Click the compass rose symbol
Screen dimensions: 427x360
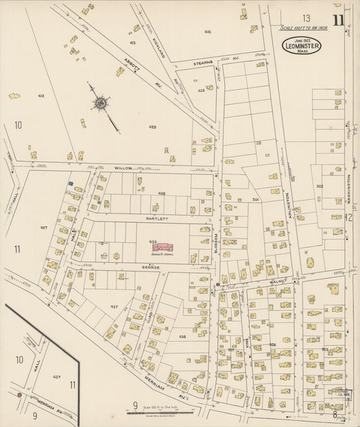click(101, 104)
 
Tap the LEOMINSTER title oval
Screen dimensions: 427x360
click(301, 46)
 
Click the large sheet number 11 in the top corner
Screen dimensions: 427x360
click(337, 19)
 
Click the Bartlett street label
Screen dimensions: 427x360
click(151, 219)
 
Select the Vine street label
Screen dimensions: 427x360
click(247, 343)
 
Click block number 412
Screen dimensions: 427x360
click(41, 96)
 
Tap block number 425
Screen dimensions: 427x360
click(153, 127)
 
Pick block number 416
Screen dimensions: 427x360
click(207, 32)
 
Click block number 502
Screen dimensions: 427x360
click(319, 186)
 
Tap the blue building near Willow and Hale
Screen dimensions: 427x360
click(70, 183)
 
